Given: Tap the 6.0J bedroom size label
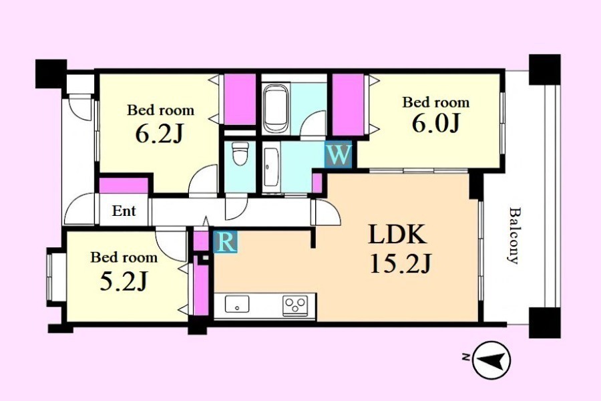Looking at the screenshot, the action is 435,123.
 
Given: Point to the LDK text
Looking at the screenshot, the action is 397,235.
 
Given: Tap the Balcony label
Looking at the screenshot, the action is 514,235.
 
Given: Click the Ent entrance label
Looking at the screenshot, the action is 124,211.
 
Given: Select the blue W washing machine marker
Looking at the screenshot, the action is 338,154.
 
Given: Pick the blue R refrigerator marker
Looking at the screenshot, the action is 226,242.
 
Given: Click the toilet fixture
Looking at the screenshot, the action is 240,153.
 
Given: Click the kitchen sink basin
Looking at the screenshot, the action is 237,304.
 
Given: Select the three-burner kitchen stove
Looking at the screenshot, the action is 295,305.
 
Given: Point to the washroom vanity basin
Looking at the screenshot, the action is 271,168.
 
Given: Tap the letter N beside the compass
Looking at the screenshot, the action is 465,358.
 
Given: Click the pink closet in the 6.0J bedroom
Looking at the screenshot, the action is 348,104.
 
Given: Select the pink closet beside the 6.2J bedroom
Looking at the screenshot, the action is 240,99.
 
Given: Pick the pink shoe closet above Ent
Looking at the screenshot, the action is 124,185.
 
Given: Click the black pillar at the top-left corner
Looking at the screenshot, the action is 51,74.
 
